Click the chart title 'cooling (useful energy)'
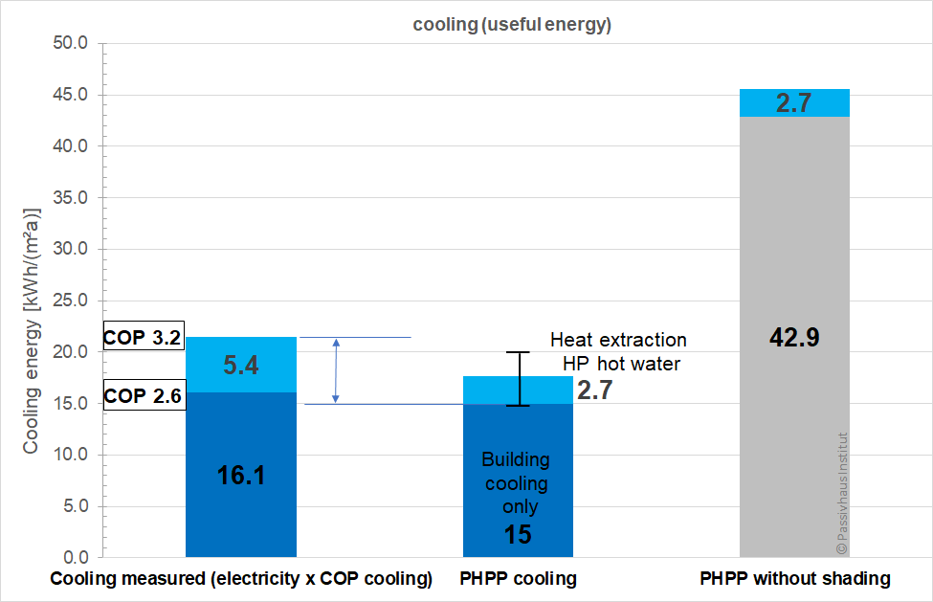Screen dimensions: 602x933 point(512,26)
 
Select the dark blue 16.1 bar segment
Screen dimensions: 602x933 point(241,474)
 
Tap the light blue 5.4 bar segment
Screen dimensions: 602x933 point(241,365)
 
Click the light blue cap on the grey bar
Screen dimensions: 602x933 point(794,103)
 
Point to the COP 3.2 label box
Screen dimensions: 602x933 point(143,338)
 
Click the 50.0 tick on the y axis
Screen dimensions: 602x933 point(69,44)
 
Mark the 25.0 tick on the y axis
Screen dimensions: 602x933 point(69,301)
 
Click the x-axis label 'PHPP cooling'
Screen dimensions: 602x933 point(518,579)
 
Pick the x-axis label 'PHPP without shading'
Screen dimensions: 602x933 point(794,579)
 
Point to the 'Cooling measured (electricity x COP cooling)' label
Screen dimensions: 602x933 point(241,579)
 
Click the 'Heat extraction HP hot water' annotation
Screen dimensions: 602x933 point(618,350)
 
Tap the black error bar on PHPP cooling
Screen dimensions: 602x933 point(518,379)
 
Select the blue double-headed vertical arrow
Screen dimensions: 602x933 point(335,370)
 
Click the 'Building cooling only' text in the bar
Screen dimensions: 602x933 point(515,482)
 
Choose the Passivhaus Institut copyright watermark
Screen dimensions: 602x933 point(842,493)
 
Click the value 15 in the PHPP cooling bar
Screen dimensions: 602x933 point(518,534)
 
